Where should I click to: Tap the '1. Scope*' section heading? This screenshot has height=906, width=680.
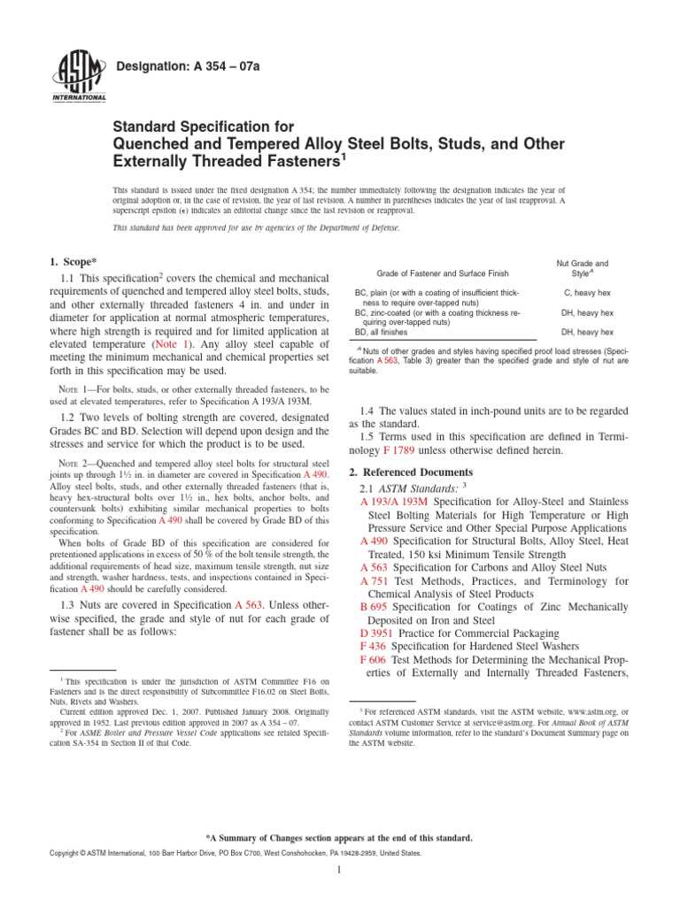pyautogui.click(x=76, y=261)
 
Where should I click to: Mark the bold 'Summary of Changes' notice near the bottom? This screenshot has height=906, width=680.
pyautogui.click(x=339, y=837)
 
